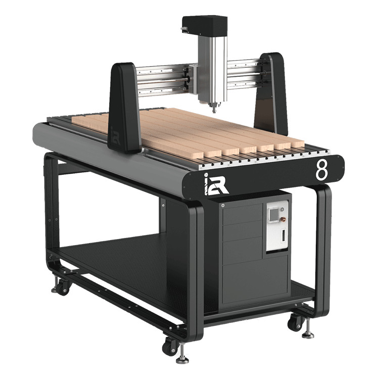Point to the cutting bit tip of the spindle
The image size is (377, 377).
[x=212, y=109]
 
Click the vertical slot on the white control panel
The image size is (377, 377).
[x=283, y=235]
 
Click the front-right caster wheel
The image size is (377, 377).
[x=294, y=323]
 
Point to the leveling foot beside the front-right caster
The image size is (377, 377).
[x=308, y=333]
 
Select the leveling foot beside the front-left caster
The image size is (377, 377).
[x=183, y=358]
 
